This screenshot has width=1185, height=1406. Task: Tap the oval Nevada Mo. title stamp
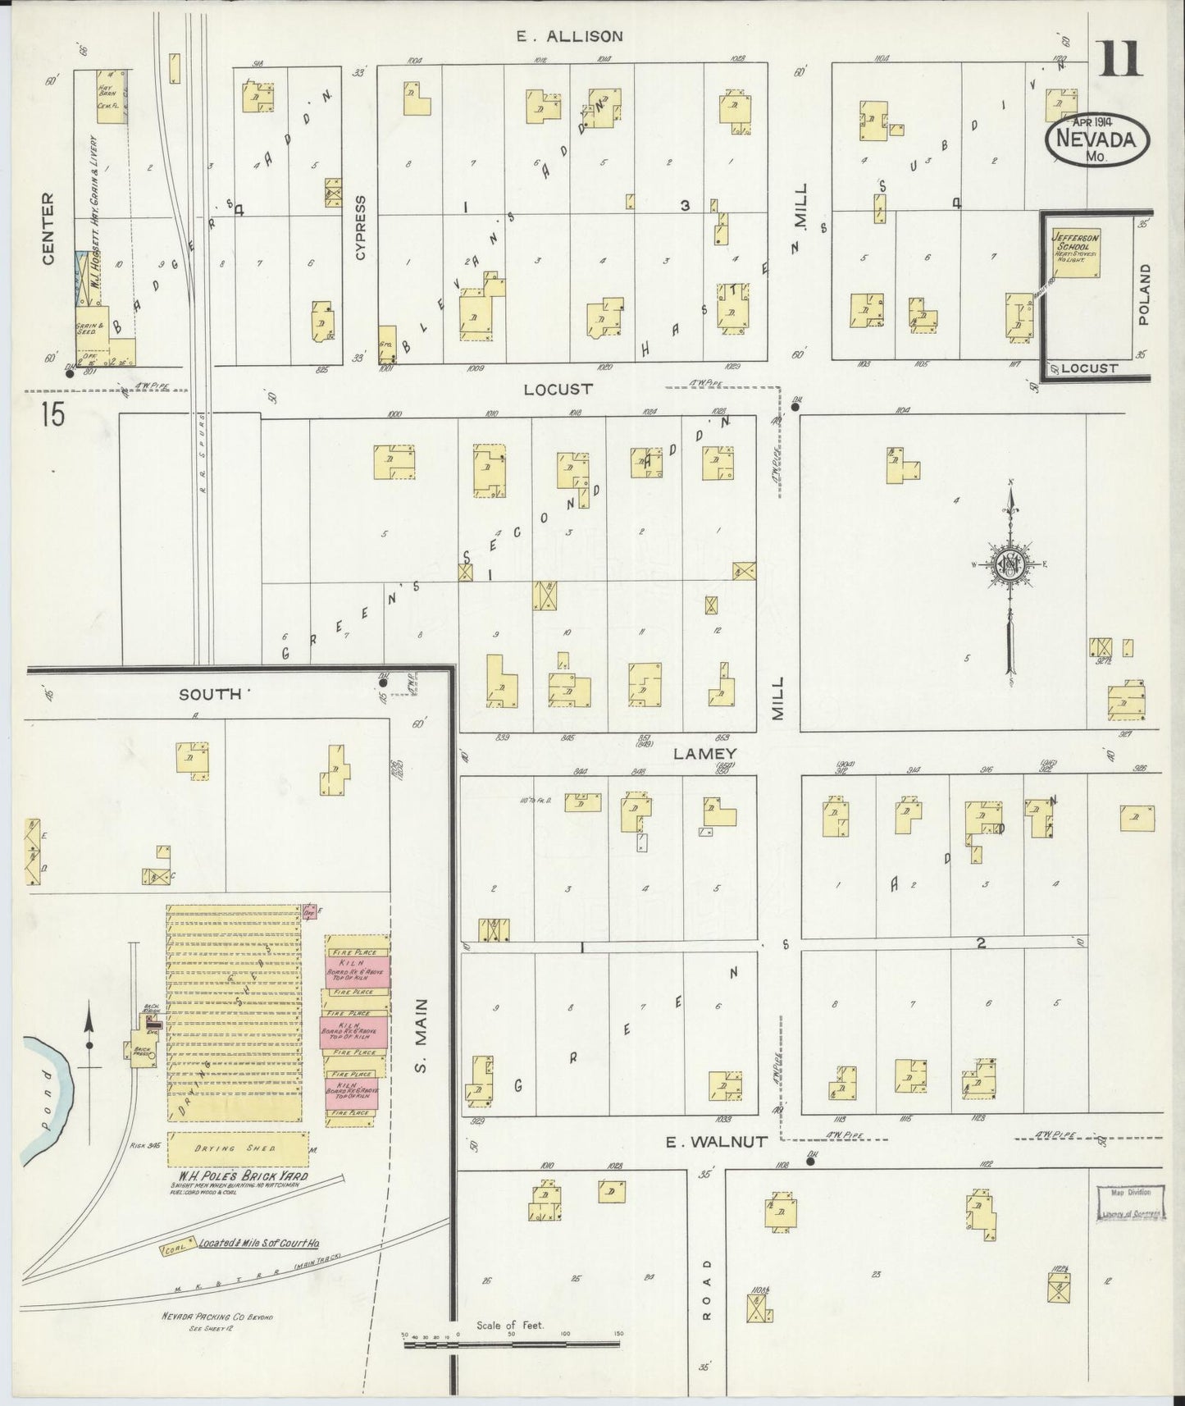tap(1097, 141)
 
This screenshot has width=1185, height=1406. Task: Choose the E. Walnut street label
tap(705, 1141)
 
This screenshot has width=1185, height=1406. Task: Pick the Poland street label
tap(1144, 294)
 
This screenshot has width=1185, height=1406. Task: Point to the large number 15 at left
tap(51, 415)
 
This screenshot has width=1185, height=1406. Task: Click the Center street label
tap(48, 229)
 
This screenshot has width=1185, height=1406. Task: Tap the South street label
tap(212, 694)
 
